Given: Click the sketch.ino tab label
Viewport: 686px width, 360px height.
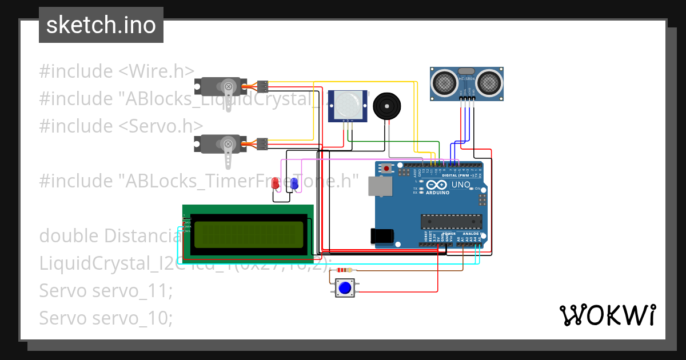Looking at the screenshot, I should click(101, 25).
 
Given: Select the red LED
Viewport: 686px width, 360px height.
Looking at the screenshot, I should click(276, 184).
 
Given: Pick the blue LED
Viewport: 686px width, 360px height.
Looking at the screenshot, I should click(294, 184).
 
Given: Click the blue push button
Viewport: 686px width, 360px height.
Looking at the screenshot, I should click(344, 287).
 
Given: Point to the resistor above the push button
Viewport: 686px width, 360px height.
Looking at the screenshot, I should click(344, 270).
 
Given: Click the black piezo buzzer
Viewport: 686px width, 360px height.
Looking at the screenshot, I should click(386, 107).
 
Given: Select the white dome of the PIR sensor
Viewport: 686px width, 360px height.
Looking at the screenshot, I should click(348, 105).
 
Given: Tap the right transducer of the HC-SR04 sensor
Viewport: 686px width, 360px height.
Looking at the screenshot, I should click(489, 83).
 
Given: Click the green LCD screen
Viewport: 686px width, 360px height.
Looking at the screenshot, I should click(248, 235).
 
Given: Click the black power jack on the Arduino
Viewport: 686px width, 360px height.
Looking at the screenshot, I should click(380, 237).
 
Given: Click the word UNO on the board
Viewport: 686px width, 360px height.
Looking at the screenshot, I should click(461, 185).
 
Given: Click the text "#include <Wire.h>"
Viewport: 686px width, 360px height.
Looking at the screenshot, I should click(117, 71).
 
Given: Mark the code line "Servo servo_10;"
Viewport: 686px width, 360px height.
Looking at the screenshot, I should click(106, 318).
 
